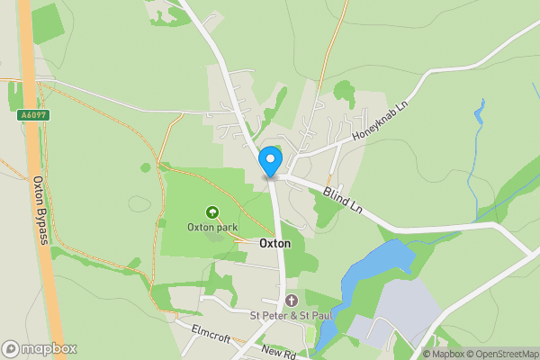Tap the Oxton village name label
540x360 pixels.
coord(274,243)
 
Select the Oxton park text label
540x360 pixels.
coord(212,227)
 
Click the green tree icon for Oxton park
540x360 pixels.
coord(212,212)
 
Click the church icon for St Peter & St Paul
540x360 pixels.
coord(291,300)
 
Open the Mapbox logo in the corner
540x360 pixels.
coord(40,348)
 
